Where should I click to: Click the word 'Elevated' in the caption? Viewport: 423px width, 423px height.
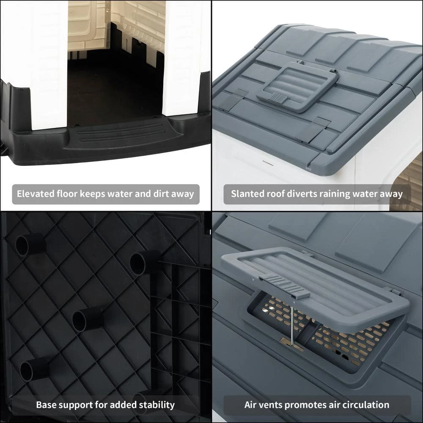(36, 194)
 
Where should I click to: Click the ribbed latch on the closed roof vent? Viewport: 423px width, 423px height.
(279, 98)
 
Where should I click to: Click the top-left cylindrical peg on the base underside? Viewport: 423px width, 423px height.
(30, 244)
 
